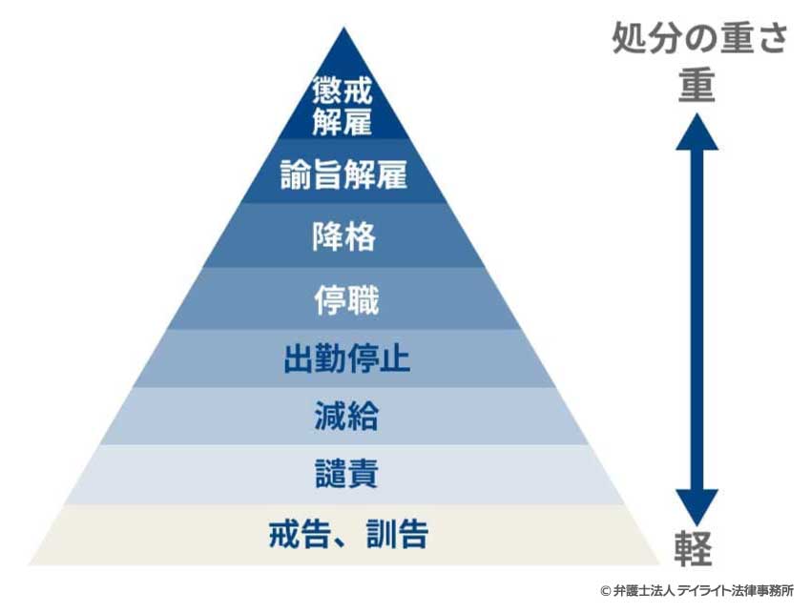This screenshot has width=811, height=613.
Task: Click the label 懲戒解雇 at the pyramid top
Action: point(343,107)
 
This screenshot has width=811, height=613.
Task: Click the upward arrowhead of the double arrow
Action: point(698,133)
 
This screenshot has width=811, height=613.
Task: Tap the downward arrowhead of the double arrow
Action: point(697,506)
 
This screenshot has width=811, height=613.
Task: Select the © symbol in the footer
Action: point(605,591)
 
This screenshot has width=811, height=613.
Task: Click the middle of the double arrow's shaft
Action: point(697,319)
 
